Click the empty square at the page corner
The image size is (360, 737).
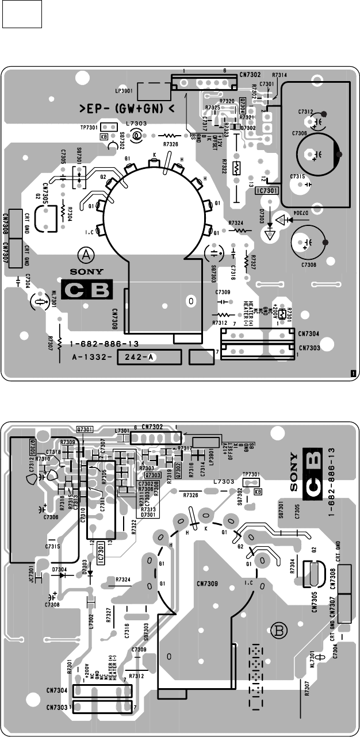[22, 14]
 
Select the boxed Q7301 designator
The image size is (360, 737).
[85, 429]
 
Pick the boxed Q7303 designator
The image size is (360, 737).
[152, 475]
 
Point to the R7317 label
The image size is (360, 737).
[185, 448]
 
